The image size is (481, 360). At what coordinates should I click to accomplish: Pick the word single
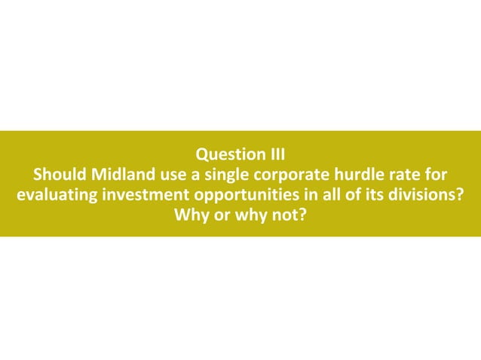(x=219, y=177)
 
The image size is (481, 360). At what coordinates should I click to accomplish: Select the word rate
(x=399, y=177)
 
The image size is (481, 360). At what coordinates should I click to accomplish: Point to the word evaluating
(x=56, y=197)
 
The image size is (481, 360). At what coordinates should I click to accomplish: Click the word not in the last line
(x=286, y=217)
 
